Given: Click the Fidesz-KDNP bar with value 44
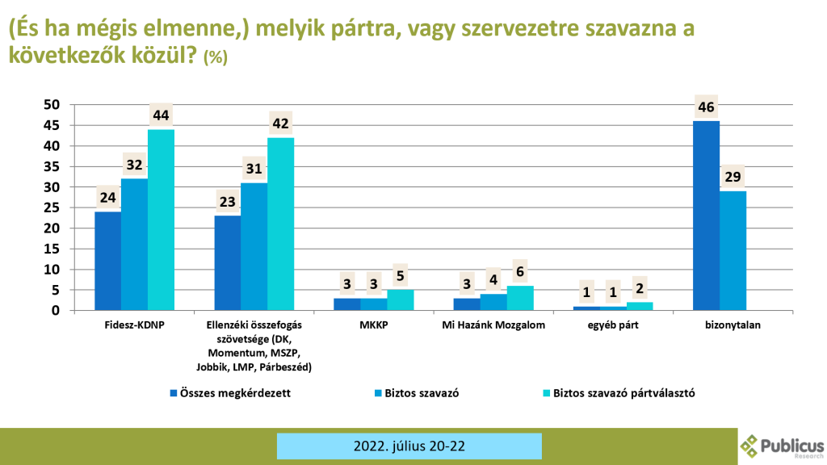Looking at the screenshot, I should [161, 220].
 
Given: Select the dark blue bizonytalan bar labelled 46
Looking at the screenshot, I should [706, 216].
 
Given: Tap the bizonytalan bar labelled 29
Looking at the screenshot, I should [733, 250].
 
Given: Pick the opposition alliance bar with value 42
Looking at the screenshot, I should [281, 224].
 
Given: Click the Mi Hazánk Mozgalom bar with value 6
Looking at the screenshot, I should [520, 298].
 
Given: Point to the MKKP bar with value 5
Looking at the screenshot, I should [401, 300].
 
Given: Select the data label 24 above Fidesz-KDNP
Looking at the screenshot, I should [107, 198].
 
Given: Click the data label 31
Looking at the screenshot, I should [254, 169].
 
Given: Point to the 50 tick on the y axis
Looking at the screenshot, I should [52, 105].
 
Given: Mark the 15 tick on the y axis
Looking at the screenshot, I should [52, 249].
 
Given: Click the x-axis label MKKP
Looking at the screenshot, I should [374, 326].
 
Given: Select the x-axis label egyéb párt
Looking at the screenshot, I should [613, 326].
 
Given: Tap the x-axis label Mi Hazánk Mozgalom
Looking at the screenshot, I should [493, 326].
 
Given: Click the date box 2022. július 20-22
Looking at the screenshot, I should [409, 446].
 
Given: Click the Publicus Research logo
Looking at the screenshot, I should [782, 446].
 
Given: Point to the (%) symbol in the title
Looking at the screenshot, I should [216, 57].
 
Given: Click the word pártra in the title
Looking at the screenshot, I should [363, 30].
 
